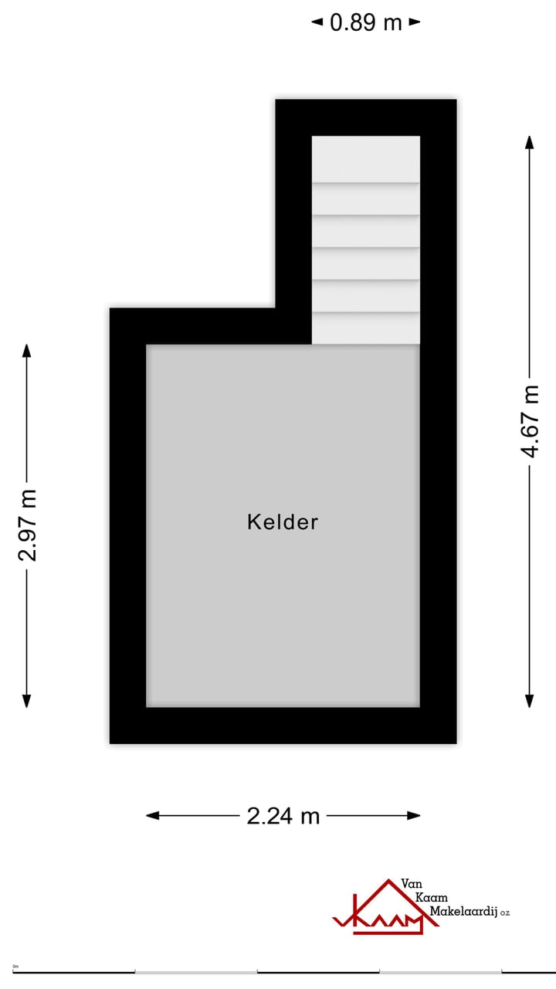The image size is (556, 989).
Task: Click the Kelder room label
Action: coord(283,522)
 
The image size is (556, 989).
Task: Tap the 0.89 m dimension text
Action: coord(366,22)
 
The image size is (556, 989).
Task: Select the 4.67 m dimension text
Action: coord(530,420)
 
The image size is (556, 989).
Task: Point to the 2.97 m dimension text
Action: coord(27,525)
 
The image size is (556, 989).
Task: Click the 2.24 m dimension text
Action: coord(283,815)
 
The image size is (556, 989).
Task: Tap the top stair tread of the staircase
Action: coord(366,159)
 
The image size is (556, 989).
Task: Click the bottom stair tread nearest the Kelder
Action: coord(366,328)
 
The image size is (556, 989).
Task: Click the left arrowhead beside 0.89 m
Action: coord(317,22)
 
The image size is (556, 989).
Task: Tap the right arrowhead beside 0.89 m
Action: coord(415,22)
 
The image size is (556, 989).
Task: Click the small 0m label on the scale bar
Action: coord(15,967)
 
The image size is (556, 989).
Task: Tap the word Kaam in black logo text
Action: coord(432,897)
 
